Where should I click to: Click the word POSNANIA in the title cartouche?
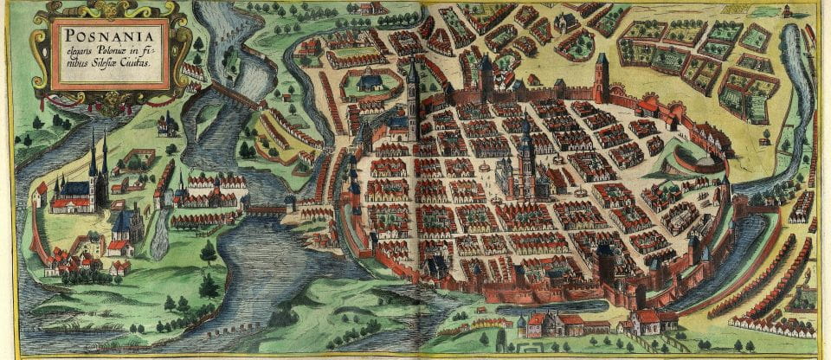(x=107, y=35)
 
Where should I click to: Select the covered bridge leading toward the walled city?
(x=267, y=209)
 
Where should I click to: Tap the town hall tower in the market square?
(x=525, y=156)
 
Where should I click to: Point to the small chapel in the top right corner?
(x=786, y=11)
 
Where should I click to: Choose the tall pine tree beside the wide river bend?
(x=208, y=253)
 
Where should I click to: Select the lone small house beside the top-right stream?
(x=764, y=137)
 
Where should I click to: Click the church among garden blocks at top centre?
(x=567, y=22)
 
